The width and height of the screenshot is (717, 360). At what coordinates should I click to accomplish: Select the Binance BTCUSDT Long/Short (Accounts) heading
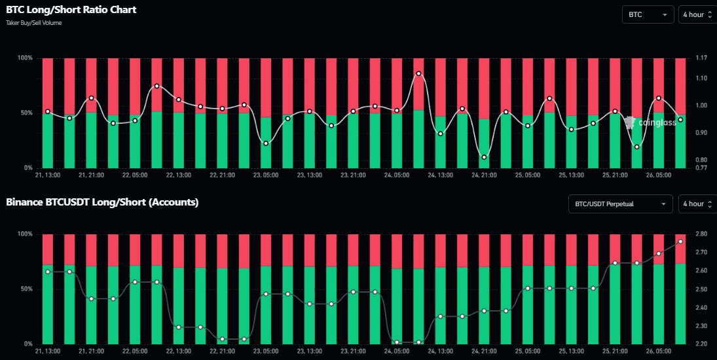(102, 202)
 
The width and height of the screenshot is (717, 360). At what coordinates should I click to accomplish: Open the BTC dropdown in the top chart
(648, 14)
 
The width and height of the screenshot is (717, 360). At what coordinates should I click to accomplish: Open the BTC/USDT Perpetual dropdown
(620, 204)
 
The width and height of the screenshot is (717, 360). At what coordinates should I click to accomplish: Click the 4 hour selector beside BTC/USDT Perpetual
(697, 204)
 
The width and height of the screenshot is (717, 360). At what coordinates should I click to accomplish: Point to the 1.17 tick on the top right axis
(702, 58)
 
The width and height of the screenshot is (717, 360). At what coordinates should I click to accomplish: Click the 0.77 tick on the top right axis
(702, 168)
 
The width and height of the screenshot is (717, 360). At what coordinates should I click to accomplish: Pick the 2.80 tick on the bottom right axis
(702, 234)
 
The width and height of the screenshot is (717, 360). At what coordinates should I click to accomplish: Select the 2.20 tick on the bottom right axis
(702, 344)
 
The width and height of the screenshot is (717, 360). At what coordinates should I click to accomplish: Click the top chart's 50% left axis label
(26, 113)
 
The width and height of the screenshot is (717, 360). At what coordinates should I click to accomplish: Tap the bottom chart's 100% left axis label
(24, 234)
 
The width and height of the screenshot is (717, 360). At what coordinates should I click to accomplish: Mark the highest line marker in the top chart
(418, 73)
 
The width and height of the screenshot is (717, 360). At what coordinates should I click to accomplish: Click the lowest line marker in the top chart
(484, 157)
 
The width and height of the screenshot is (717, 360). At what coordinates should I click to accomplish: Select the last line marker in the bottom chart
(680, 242)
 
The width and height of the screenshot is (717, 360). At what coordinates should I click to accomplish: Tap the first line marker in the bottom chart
(47, 271)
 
